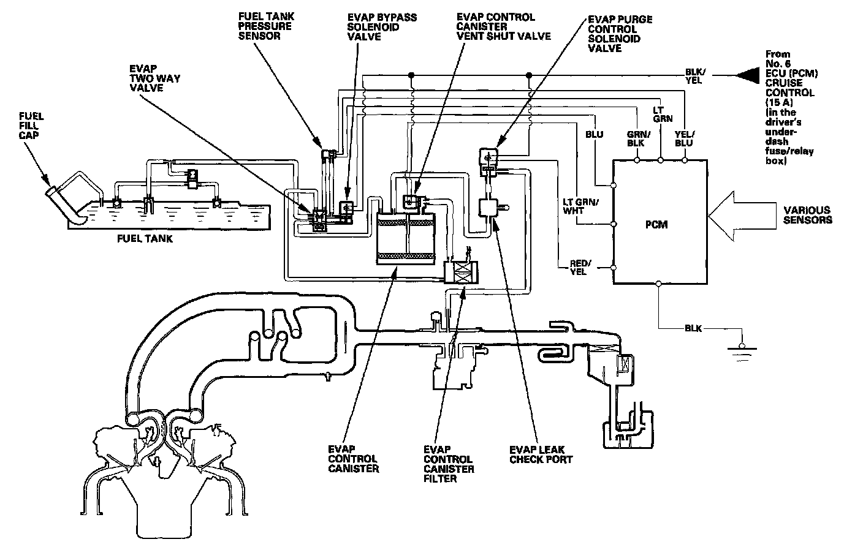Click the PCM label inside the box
[656, 225]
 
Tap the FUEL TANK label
[145, 238]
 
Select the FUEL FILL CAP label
[31, 127]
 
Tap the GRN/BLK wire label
[636, 138]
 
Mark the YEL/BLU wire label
[683, 138]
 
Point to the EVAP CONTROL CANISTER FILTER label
[448, 464]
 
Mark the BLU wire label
[595, 134]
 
